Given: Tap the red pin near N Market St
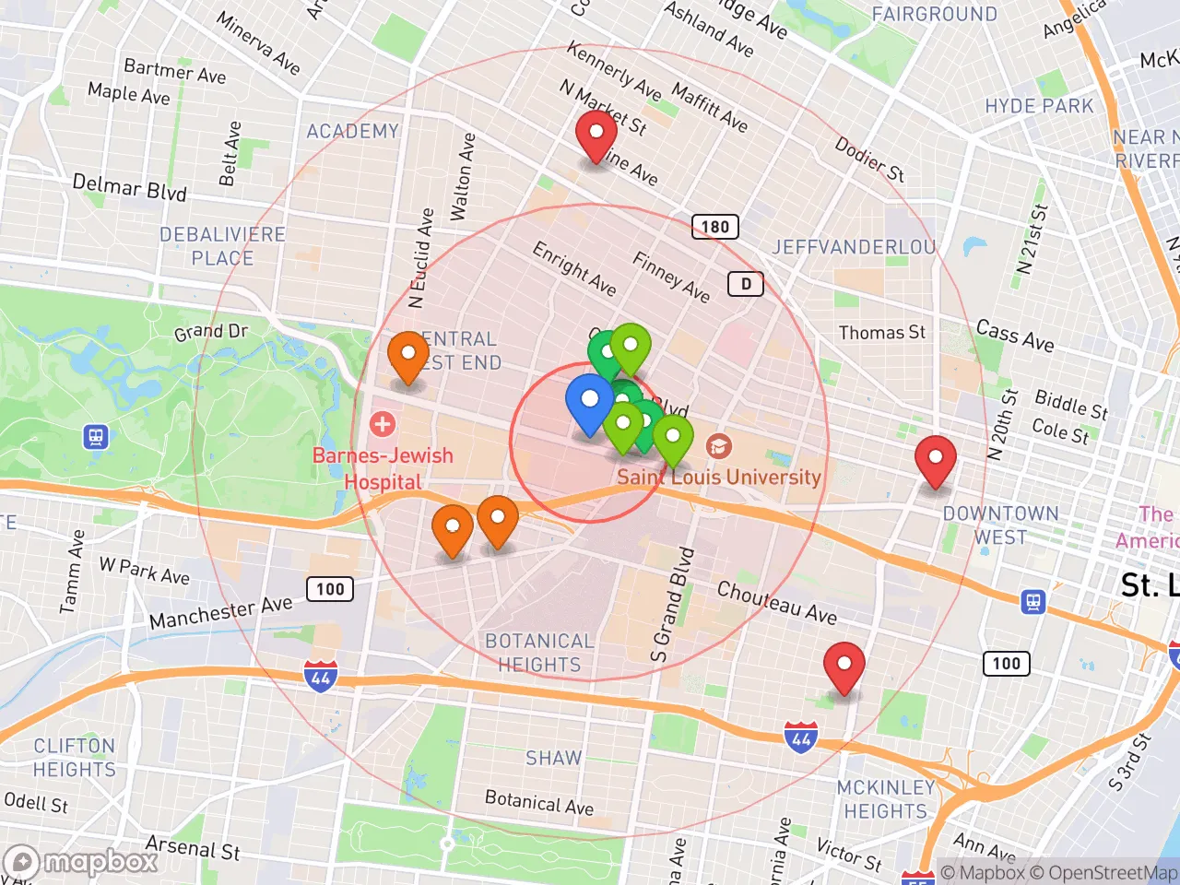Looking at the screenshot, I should pyautogui.click(x=596, y=135).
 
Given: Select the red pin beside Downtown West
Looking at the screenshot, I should pyautogui.click(x=935, y=459).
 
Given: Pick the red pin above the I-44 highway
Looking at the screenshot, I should pyautogui.click(x=844, y=666).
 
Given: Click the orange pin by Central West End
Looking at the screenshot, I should pyautogui.click(x=407, y=356).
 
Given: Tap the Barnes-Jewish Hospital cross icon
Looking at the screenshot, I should pyautogui.click(x=382, y=424).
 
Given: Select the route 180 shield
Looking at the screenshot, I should pyautogui.click(x=714, y=226).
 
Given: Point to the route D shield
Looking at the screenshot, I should pyautogui.click(x=746, y=284).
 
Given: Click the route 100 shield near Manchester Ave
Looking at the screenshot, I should pyautogui.click(x=330, y=589).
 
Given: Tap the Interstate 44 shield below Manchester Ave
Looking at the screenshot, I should pyautogui.click(x=320, y=677).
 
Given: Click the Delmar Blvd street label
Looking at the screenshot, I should pyautogui.click(x=129, y=187).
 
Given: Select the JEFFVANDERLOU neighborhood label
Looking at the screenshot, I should pyautogui.click(x=854, y=247).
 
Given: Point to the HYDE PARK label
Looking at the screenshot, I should pyautogui.click(x=1039, y=106).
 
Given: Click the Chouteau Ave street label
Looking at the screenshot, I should pyautogui.click(x=776, y=603).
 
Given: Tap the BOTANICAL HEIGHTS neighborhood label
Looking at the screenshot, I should pyautogui.click(x=539, y=653).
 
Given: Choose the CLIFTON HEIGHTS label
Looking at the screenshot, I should pyautogui.click(x=74, y=758).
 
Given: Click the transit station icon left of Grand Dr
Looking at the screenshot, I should pyautogui.click(x=96, y=437).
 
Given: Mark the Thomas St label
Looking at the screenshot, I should pyautogui.click(x=881, y=333).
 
